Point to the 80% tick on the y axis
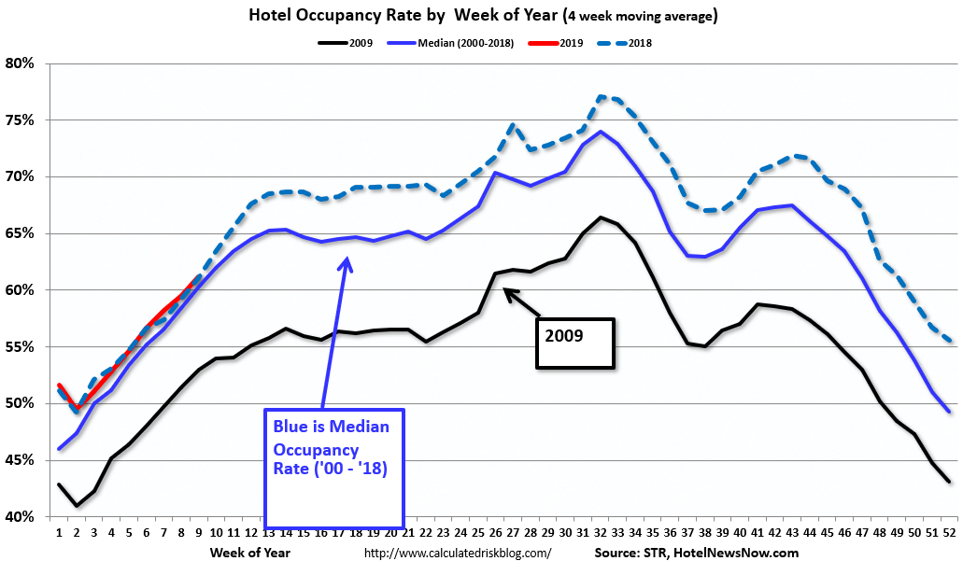[20, 63]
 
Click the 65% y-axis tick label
[20, 233]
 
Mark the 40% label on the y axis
[20, 517]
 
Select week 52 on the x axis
[949, 533]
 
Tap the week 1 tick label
[59, 533]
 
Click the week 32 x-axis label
[600, 533]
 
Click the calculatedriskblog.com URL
[457, 554]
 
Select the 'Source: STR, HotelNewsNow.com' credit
[696, 554]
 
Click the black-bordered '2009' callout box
[574, 344]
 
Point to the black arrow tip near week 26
[505, 289]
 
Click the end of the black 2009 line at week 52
[950, 482]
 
